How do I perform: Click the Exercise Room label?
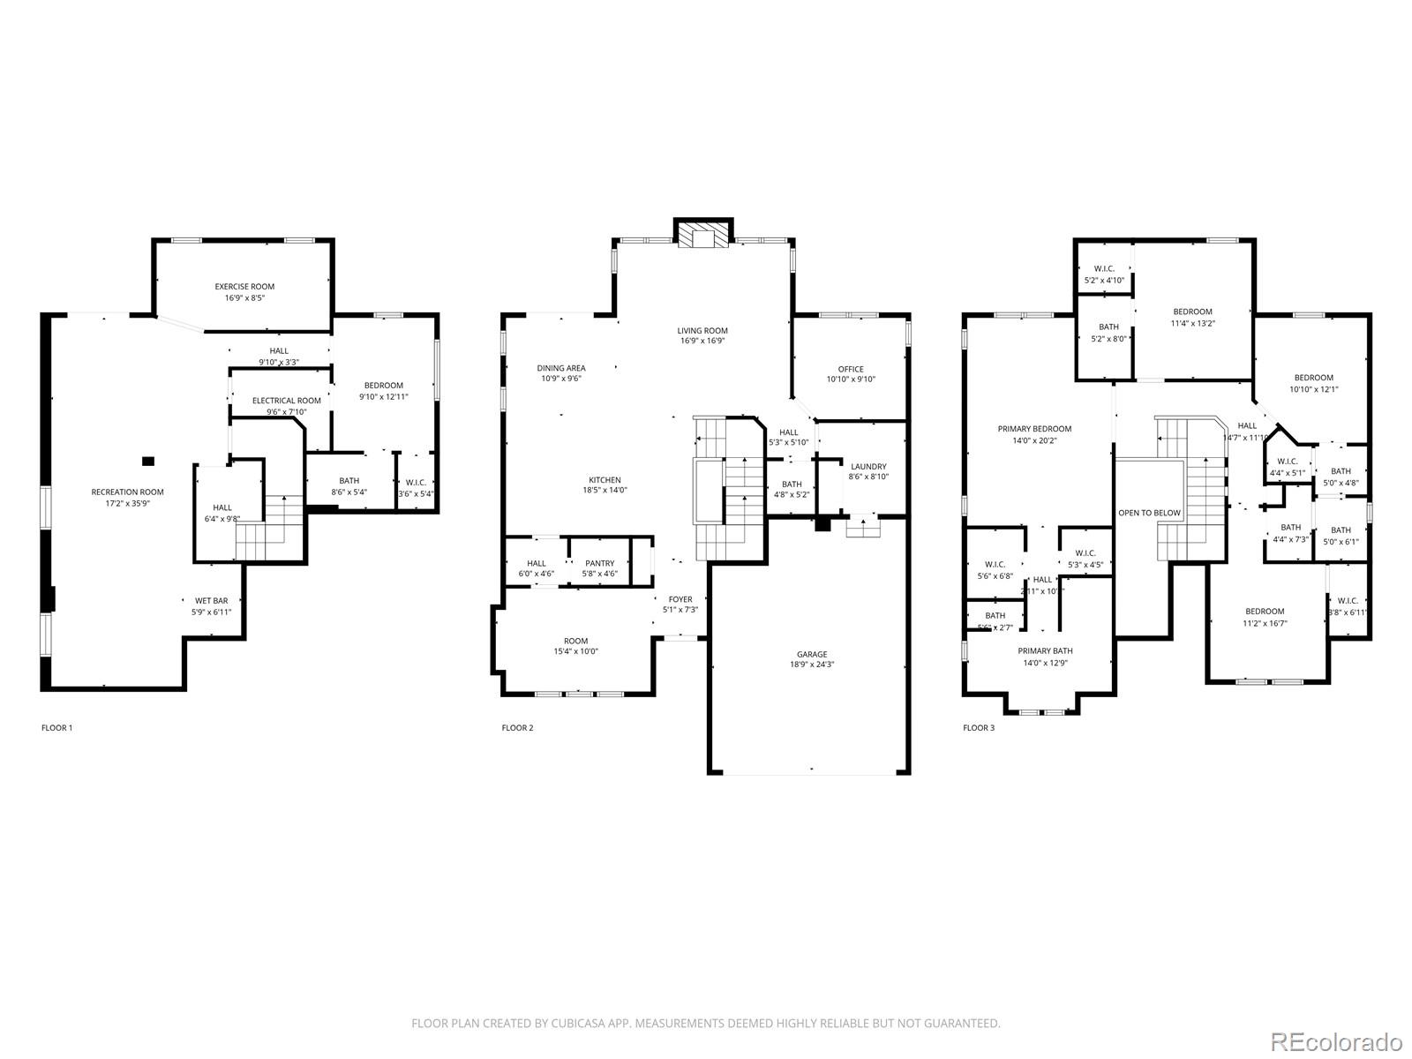tap(244, 286)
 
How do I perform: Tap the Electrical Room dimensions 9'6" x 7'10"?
tap(287, 411)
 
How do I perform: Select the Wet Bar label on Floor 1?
tap(211, 600)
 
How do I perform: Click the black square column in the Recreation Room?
tap(148, 461)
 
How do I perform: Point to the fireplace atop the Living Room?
tap(703, 234)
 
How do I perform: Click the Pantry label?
tap(599, 563)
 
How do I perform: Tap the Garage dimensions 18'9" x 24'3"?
tap(812, 665)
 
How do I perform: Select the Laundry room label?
tap(868, 466)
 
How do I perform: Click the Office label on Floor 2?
tap(851, 369)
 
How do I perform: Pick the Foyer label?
tap(680, 599)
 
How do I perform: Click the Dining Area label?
tap(561, 368)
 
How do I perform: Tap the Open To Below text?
tap(1149, 513)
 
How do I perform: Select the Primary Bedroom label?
tap(1034, 429)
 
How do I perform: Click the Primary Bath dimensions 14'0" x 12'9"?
tap(1046, 663)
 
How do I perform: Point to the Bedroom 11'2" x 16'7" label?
tap(1265, 612)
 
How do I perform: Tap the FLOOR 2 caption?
tap(517, 728)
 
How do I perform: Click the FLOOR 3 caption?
tap(978, 728)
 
